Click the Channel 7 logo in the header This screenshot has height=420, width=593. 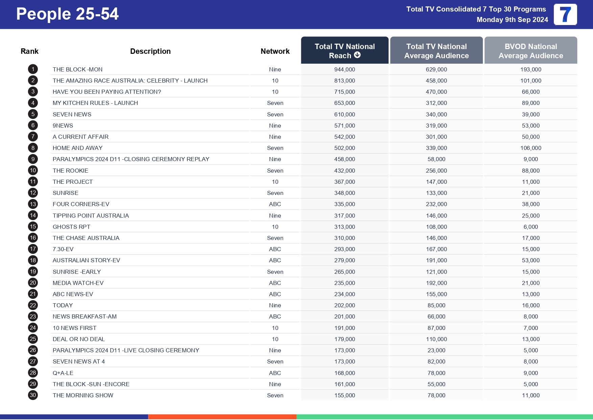565,15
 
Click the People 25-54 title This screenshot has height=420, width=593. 67,14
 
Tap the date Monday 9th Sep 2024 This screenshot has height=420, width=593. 512,20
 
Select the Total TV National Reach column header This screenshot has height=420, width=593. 345,51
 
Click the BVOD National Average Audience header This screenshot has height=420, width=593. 530,51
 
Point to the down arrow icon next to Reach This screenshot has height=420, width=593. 357,55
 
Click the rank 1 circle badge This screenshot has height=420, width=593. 33,69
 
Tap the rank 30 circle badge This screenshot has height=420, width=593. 33,395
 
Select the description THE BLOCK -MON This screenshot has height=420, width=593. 77,69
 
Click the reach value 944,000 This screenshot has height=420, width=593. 345,69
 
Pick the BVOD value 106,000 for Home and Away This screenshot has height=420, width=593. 530,148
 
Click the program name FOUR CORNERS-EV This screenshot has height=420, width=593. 81,204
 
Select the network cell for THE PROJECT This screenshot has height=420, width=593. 275,182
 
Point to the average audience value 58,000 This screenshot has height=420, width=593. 436,159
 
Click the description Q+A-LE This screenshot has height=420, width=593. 63,373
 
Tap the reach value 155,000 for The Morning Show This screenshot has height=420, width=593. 345,395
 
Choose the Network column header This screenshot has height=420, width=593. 275,51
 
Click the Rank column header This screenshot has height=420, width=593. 29,51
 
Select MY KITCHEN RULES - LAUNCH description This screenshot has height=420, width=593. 95,103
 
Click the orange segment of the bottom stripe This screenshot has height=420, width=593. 222,417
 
